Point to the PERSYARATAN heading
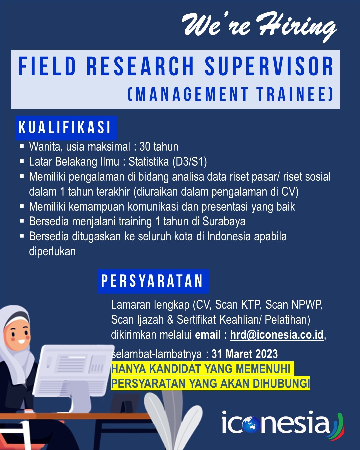152,281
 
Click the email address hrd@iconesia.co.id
277,335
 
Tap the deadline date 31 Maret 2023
245,354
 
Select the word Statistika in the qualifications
149,161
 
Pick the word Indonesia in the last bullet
229,236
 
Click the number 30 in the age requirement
145,146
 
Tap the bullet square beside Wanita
22,146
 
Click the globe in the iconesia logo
251,424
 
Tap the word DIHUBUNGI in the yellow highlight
281,383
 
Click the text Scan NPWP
294,304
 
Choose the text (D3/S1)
190,162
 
